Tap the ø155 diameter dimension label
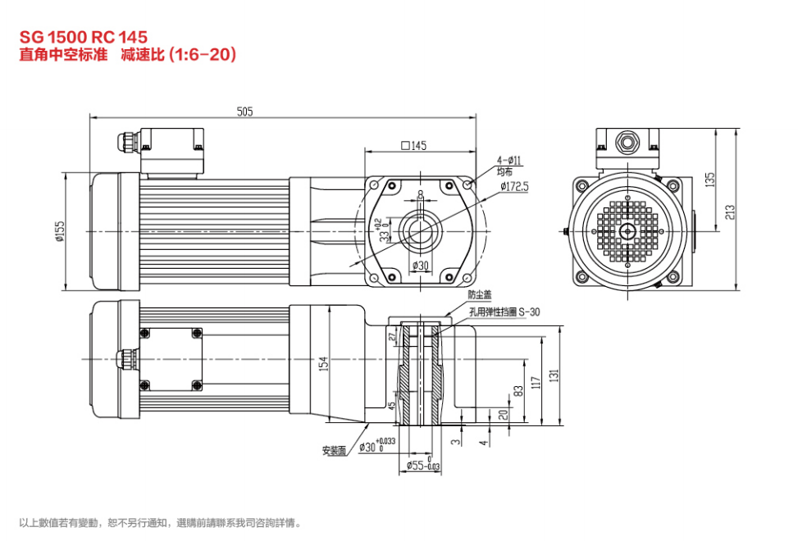pyautogui.click(x=59, y=232)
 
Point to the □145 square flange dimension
pyautogui.click(x=413, y=146)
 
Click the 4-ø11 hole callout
pyautogui.click(x=509, y=160)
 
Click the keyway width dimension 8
pyautogui.click(x=421, y=194)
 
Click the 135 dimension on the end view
pyautogui.click(x=710, y=178)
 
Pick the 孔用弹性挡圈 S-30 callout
pyautogui.click(x=504, y=311)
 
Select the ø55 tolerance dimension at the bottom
pyautogui.click(x=422, y=466)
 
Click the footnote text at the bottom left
pyautogui.click(x=160, y=522)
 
